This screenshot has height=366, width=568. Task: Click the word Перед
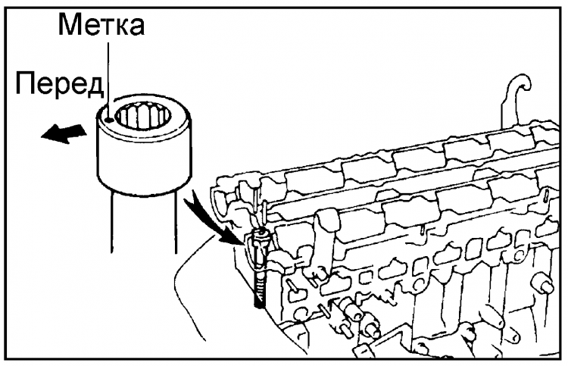click(x=60, y=84)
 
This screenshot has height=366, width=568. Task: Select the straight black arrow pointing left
click(x=64, y=133)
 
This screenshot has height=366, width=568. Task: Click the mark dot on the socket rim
click(x=108, y=118)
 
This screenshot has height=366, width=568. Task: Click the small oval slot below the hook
click(x=546, y=195)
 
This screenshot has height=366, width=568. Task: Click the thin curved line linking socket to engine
click(x=190, y=286)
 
